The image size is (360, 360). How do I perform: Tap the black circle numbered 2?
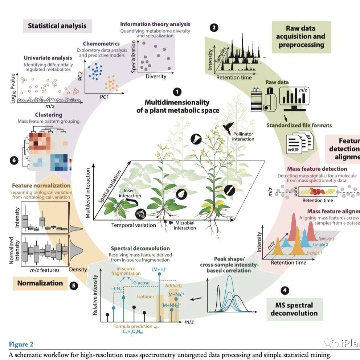click(x=214, y=27)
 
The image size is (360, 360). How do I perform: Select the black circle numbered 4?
click(x=285, y=290)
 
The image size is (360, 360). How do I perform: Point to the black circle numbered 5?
click(x=74, y=286)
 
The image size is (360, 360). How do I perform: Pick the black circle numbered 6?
click(x=14, y=160)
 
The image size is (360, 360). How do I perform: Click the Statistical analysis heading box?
click(x=57, y=26)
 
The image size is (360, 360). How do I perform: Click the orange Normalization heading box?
click(x=41, y=283)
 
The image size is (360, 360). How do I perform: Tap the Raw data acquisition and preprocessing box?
click(x=301, y=37)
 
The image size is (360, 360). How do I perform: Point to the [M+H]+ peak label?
click(x=159, y=269)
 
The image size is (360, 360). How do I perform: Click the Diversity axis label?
click(x=156, y=76)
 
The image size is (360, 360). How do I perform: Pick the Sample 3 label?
click(x=326, y=238)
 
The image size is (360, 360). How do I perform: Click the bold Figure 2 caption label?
click(x=20, y=344)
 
